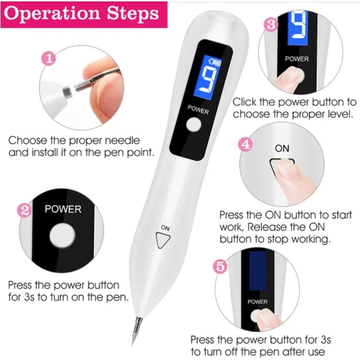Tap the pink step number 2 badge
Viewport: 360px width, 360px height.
[24, 210]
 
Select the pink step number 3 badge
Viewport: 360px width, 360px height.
[271, 25]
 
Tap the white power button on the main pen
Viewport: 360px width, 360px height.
[194, 125]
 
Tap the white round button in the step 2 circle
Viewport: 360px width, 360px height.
[62, 236]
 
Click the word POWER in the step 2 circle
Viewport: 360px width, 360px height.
[63, 209]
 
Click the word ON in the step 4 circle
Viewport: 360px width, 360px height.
[282, 148]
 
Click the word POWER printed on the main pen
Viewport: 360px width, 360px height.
[198, 109]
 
